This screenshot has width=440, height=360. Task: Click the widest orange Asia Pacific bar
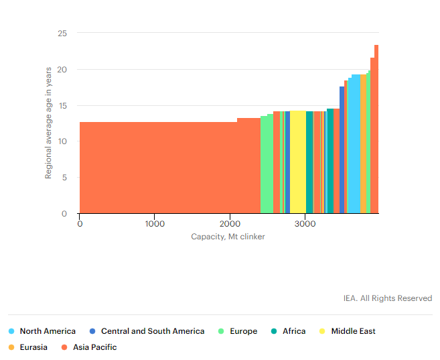157,168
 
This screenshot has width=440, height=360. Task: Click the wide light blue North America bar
356,144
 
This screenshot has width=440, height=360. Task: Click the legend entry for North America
47,331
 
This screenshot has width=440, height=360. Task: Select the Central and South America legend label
152,331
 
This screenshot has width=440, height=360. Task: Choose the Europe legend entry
243,331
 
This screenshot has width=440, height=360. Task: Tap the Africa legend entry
293,331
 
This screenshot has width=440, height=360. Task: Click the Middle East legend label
353,331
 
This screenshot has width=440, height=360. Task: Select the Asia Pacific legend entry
94,347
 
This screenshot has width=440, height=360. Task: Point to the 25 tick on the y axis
62,33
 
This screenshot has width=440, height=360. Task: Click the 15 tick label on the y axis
62,105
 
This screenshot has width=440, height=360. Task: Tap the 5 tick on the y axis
64,178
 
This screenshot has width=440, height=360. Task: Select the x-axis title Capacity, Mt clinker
228,237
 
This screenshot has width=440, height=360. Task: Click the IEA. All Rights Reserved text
388,298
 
